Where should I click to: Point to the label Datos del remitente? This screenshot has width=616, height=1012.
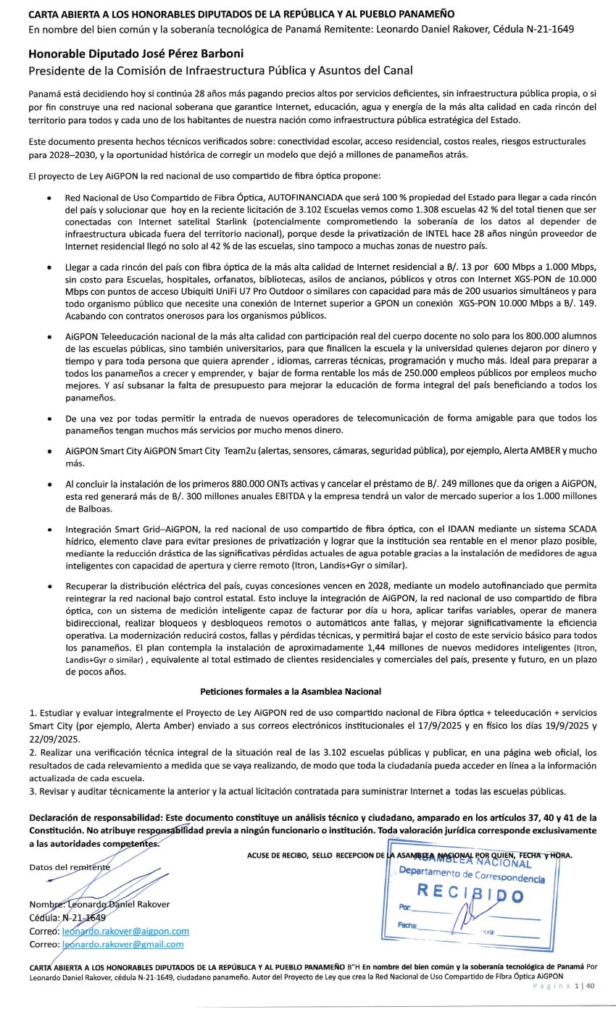[70, 867]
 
